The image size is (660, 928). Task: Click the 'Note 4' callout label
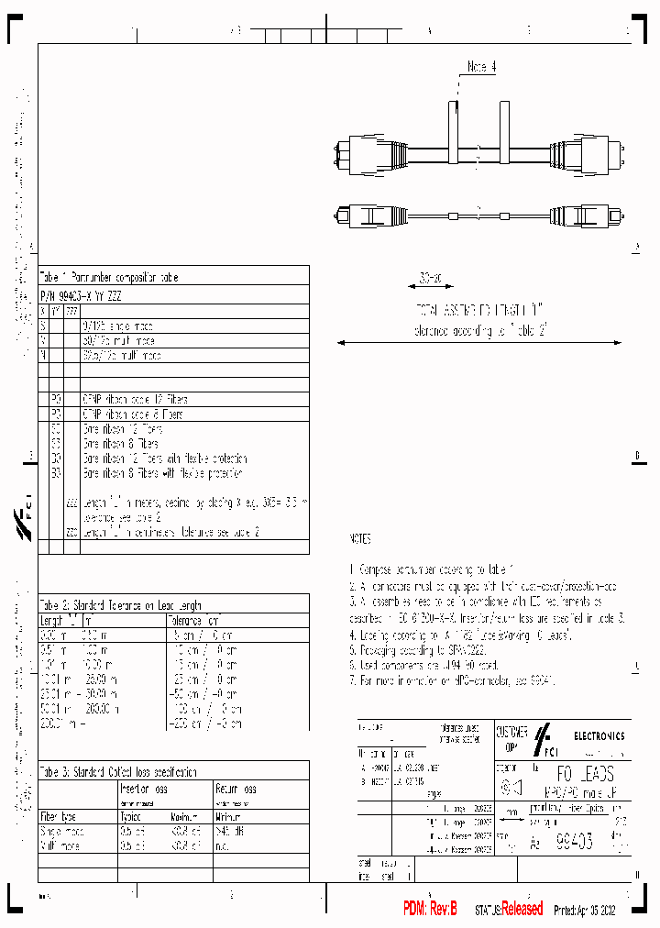[481, 67]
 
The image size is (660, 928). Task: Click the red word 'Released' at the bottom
[522, 909]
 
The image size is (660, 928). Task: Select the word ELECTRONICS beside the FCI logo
[599, 735]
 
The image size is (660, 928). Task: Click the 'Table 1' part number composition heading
[109, 276]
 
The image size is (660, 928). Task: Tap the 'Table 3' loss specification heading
[118, 771]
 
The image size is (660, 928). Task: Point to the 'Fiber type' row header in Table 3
[59, 815]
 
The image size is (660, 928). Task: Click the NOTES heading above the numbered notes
[361, 540]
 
